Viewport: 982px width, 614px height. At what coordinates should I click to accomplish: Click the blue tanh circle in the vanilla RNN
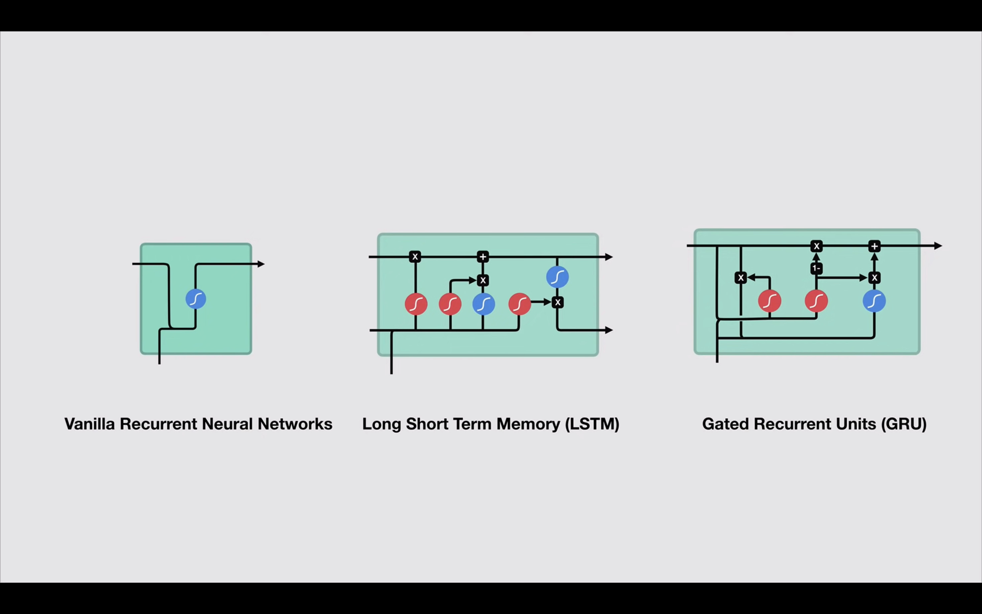click(195, 299)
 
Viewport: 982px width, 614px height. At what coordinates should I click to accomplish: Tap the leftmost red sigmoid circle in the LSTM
click(416, 304)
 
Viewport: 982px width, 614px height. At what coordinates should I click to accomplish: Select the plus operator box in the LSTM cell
click(482, 257)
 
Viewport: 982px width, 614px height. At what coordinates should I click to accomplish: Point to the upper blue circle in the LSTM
click(557, 277)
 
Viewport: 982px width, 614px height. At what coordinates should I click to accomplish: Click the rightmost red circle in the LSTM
click(519, 304)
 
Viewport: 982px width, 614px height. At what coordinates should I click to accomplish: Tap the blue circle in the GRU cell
click(874, 301)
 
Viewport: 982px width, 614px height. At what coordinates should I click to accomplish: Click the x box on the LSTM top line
click(415, 257)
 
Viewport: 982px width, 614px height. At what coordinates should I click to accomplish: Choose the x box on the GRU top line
click(816, 246)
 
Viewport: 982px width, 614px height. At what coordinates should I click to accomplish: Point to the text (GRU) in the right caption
click(904, 424)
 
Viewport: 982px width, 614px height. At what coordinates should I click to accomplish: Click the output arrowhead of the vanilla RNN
click(261, 264)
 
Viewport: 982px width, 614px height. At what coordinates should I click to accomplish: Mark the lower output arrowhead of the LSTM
click(609, 330)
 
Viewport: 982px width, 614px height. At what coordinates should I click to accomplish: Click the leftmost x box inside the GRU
click(741, 278)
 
